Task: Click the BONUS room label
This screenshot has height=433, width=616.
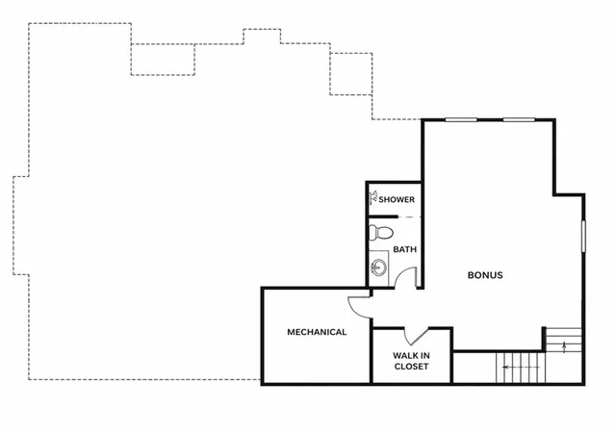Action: click(x=485, y=275)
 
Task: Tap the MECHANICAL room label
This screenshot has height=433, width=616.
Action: click(x=317, y=332)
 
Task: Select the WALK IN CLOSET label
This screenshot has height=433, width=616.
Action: click(x=411, y=361)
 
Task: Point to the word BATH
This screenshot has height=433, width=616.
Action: click(x=405, y=249)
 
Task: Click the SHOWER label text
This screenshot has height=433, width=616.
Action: click(x=397, y=199)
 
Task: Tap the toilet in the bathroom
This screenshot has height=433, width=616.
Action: click(x=381, y=233)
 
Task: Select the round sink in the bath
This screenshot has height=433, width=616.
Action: click(x=378, y=267)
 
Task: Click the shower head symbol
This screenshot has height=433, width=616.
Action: click(x=373, y=198)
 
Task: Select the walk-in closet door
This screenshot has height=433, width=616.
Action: click(x=417, y=337)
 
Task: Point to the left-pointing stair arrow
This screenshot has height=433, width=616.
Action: click(x=522, y=368)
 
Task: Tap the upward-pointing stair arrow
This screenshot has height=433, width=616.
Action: click(x=565, y=347)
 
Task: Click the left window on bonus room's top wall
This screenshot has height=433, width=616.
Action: click(x=461, y=119)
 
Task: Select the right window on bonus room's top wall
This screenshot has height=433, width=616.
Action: click(x=519, y=119)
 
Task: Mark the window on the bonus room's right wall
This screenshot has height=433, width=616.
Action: click(x=584, y=236)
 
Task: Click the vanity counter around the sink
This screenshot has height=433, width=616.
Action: click(x=379, y=268)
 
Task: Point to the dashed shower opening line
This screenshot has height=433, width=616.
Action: click(x=410, y=216)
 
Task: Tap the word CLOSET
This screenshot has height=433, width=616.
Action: click(x=411, y=367)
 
